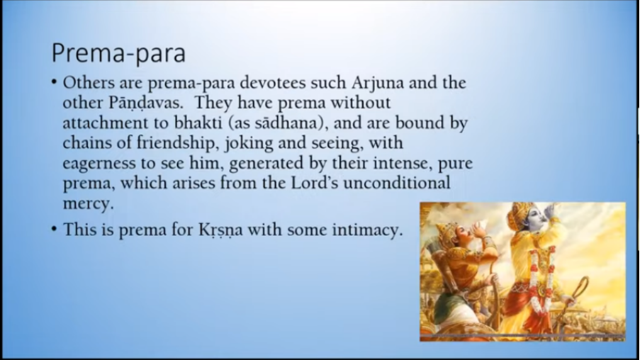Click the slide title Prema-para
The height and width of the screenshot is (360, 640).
(118, 53)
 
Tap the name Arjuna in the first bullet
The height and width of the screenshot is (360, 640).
(378, 84)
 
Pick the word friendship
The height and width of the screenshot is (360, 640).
(176, 143)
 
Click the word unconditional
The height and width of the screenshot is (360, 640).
(397, 182)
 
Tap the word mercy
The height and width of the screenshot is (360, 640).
(88, 203)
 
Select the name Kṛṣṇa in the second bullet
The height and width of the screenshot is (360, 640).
(220, 230)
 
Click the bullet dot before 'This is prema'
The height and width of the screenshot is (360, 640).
(55, 229)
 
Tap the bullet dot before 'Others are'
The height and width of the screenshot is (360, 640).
(55, 81)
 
